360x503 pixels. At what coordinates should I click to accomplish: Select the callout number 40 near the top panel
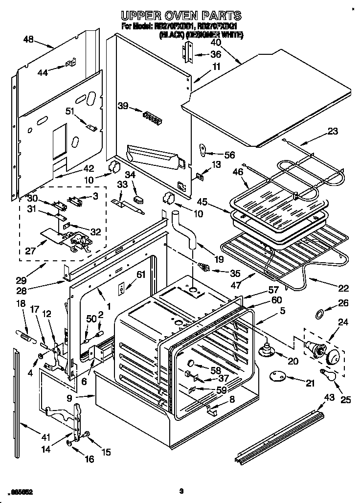click(x=216, y=42)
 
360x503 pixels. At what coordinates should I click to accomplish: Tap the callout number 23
click(x=333, y=131)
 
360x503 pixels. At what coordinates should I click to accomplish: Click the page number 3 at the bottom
click(x=180, y=491)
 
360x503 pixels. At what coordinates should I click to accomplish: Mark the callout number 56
click(x=229, y=155)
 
